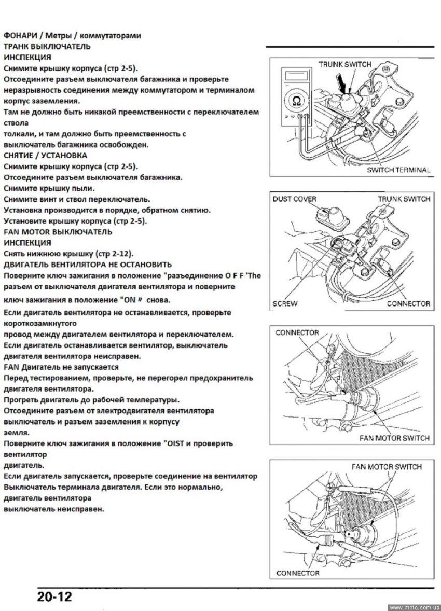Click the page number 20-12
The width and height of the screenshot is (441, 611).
click(54, 596)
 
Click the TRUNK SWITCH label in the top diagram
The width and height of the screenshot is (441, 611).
click(345, 64)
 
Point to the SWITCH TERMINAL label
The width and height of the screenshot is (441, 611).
click(398, 170)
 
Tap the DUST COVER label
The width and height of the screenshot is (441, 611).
click(294, 199)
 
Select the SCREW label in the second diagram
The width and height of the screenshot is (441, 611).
click(285, 303)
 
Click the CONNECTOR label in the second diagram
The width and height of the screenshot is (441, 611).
click(408, 303)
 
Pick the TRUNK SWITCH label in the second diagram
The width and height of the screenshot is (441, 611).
click(404, 199)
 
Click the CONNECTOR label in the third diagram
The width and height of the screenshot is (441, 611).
click(297, 332)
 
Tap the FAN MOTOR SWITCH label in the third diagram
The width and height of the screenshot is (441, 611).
click(394, 438)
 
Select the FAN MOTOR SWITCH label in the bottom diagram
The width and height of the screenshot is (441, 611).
click(387, 467)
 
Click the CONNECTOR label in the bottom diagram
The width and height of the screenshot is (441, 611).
click(298, 573)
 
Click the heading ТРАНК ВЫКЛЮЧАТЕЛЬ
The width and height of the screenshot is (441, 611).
click(47, 46)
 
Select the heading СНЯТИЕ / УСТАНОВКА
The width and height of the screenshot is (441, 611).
click(46, 155)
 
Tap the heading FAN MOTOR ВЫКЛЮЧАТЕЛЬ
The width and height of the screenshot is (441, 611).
click(58, 231)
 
